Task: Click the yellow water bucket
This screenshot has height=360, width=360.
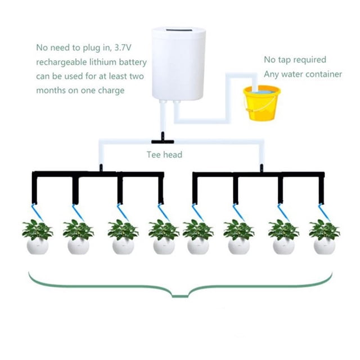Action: (x=262, y=103)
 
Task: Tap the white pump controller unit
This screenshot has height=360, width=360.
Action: (x=178, y=64)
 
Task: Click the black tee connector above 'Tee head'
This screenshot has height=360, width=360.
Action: (x=163, y=139)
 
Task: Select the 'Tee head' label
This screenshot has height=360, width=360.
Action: (x=164, y=155)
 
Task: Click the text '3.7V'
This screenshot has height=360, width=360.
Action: (x=123, y=47)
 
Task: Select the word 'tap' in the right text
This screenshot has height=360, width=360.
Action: (x=285, y=60)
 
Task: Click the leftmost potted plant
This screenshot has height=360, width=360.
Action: (x=38, y=237)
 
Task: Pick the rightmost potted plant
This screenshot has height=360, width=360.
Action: (x=325, y=237)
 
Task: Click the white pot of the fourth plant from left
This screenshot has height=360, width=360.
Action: (x=164, y=246)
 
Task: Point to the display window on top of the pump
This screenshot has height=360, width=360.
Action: (x=178, y=30)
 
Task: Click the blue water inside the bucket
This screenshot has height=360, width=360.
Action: (x=262, y=91)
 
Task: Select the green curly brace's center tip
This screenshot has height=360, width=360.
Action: (x=180, y=296)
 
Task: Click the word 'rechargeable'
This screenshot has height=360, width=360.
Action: (x=61, y=62)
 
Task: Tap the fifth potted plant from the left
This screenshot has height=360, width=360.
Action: (x=198, y=237)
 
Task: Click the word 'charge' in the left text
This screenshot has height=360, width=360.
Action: (x=111, y=91)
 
